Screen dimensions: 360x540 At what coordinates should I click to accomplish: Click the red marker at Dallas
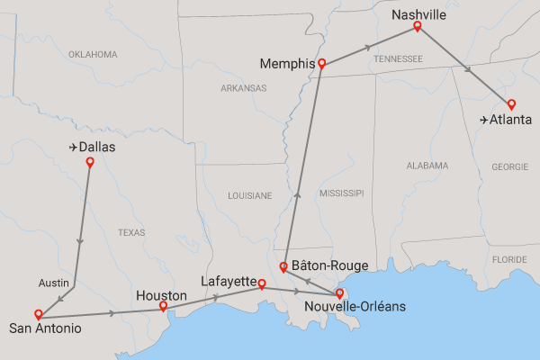pos(89,162)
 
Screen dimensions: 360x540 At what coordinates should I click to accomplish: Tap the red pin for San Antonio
pos(38,314)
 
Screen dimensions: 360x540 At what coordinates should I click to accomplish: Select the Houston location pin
pos(163,306)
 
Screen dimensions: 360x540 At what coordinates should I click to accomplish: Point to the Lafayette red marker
pos(262,284)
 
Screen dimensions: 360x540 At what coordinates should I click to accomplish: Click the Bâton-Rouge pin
pos(283,266)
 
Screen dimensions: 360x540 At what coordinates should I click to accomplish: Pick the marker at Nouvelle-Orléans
pos(339,292)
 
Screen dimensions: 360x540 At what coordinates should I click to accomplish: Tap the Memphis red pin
pos(321,64)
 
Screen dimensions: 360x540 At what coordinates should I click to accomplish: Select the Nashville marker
pos(417,26)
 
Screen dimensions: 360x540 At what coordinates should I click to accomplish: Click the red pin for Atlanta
pos(510,103)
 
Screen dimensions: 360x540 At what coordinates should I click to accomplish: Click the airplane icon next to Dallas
pos(72,147)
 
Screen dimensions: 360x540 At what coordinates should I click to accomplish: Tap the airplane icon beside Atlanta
pos(484,119)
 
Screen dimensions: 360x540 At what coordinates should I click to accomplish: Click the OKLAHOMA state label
pos(93,55)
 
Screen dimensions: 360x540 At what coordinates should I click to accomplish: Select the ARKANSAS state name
pos(243,88)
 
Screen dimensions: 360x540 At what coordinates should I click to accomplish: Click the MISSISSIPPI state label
pos(340,193)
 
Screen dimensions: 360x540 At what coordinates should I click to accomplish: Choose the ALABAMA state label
pos(427,166)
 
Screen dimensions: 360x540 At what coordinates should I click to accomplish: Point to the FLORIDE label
pos(509,260)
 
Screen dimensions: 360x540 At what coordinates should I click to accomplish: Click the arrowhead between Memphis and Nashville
pos(369,46)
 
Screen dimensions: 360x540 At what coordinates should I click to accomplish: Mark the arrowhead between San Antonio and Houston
pos(112,313)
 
